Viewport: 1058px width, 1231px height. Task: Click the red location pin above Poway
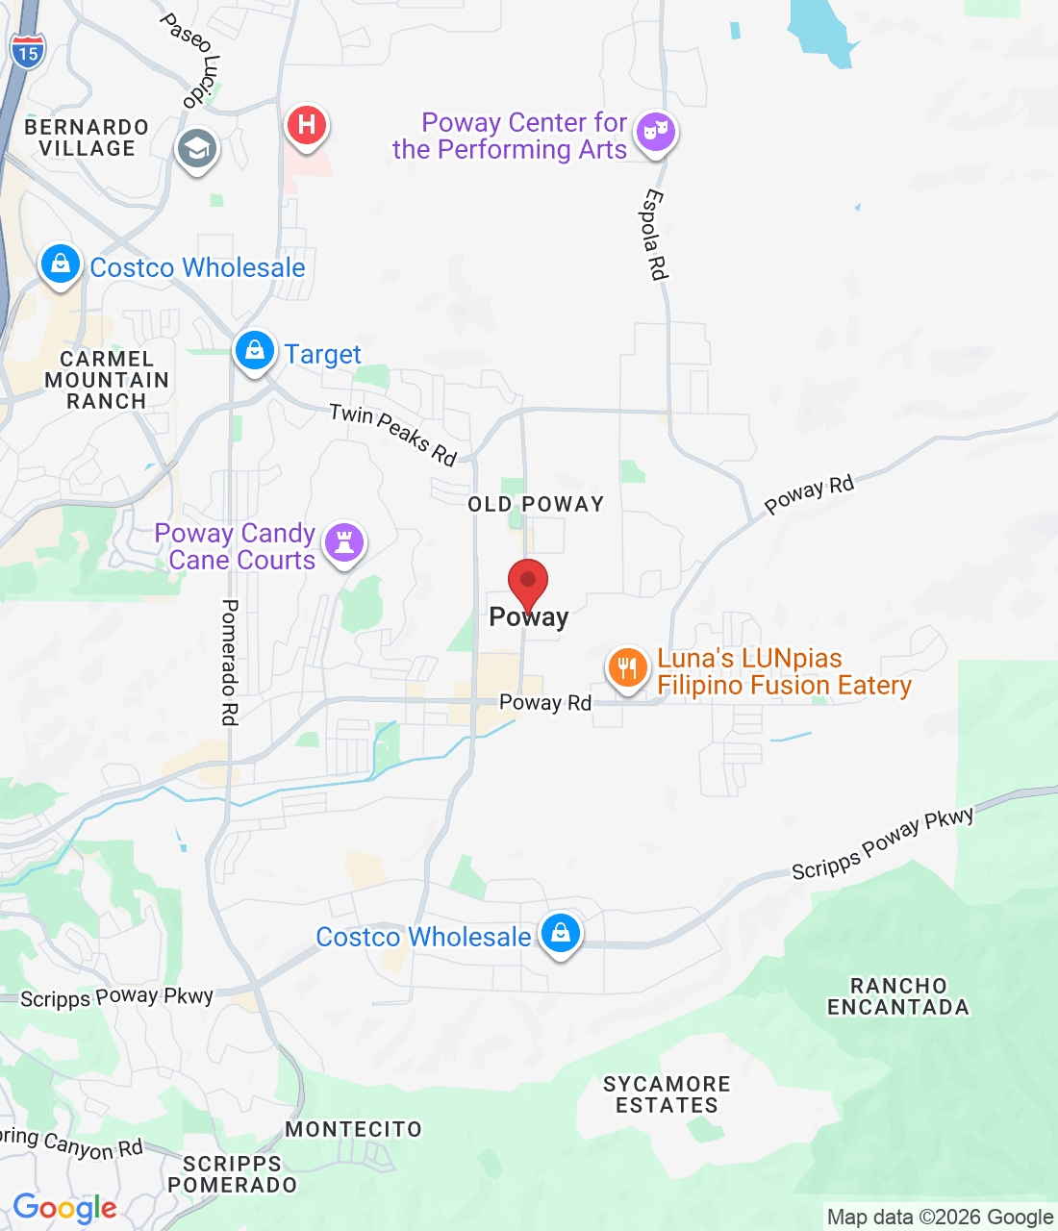(x=528, y=581)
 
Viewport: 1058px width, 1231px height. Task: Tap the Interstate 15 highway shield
(x=28, y=51)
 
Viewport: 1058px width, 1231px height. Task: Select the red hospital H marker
(x=307, y=125)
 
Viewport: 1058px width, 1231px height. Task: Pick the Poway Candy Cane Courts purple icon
(x=344, y=542)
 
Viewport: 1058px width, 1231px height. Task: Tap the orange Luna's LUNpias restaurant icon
(x=627, y=666)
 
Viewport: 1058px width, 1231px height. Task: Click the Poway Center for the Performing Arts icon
(x=655, y=130)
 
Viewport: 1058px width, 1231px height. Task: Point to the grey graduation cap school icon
(x=197, y=149)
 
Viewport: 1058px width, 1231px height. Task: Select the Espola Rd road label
(x=654, y=235)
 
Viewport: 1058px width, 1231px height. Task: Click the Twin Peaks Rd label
(x=392, y=434)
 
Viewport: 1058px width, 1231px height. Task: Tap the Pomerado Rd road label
(x=230, y=662)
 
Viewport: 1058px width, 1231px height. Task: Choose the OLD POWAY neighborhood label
(x=536, y=504)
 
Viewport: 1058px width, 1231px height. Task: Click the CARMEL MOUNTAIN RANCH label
(x=107, y=380)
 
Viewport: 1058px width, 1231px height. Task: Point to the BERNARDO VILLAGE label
(x=87, y=138)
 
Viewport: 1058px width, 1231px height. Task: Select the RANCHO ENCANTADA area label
(x=898, y=996)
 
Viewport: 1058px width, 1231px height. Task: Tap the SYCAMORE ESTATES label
(x=667, y=1094)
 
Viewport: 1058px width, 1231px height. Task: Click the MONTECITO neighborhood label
(x=354, y=1129)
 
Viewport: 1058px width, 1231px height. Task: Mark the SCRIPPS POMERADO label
(x=233, y=1174)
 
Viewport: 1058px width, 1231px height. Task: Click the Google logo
(x=64, y=1208)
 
